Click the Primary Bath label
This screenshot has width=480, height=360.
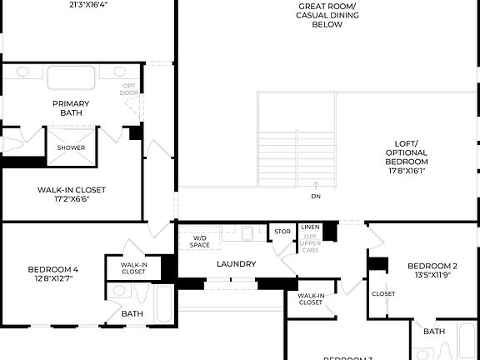coord(71,108)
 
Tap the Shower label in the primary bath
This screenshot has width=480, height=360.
coord(71,147)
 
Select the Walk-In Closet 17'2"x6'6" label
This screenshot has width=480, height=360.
coord(71,194)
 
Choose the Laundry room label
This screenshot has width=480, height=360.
coord(236,264)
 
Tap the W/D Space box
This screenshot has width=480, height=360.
coord(199,242)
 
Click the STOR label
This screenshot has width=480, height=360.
coord(282,232)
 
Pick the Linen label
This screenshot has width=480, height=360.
coord(310,227)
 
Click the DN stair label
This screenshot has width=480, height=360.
coord(316,197)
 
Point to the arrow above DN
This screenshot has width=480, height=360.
coord(316,185)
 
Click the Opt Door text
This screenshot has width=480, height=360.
coord(129,89)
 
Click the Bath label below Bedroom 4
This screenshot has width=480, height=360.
coord(132,314)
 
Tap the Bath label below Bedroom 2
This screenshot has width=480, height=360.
coord(433,332)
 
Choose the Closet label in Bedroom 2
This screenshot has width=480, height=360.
coord(383,293)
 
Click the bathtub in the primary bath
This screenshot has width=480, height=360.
coord(71,78)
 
